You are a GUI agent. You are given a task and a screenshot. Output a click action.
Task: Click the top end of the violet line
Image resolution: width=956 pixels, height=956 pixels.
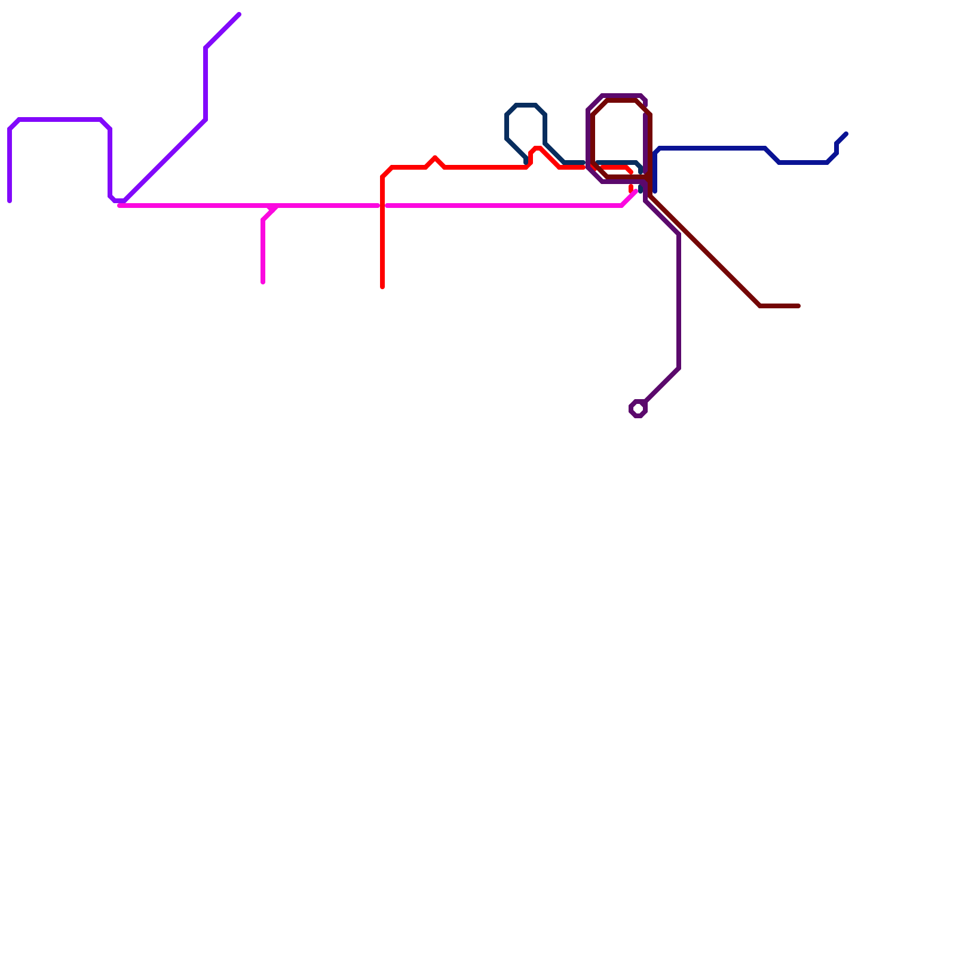tap(239, 14)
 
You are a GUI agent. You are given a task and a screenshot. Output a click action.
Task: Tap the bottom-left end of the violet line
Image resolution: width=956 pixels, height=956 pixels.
tap(10, 201)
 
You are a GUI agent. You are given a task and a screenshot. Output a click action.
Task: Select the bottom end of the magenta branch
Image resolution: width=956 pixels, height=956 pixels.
tap(263, 283)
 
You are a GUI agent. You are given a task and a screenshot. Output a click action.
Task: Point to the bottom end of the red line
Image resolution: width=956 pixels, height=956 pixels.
tap(382, 287)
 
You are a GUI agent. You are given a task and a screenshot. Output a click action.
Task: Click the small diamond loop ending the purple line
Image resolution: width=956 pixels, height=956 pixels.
tap(638, 409)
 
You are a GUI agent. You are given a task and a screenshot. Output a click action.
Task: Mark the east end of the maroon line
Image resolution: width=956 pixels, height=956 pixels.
tap(799, 306)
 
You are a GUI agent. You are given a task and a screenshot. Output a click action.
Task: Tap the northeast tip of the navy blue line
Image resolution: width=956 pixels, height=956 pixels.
tap(846, 134)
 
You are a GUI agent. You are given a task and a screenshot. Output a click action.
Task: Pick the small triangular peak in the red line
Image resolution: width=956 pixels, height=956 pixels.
tap(435, 158)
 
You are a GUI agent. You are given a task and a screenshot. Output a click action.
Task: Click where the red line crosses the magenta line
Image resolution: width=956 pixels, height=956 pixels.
tap(382, 206)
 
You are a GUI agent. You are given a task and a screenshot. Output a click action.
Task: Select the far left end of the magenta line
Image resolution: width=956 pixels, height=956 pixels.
tap(119, 206)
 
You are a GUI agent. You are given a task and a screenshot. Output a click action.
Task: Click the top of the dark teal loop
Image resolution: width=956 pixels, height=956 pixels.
tap(526, 105)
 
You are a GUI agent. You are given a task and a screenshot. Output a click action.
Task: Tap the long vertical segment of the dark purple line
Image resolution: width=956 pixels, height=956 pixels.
tap(679, 299)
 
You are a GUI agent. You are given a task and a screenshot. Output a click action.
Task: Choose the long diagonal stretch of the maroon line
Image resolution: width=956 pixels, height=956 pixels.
tap(705, 251)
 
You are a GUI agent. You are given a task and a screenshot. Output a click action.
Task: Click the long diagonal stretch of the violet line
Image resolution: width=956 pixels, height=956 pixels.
tap(164, 160)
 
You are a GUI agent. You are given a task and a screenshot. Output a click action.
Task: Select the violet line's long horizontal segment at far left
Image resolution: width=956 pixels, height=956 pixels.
tap(60, 119)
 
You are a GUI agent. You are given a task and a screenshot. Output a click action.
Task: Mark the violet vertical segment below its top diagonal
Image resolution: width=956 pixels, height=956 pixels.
tap(206, 84)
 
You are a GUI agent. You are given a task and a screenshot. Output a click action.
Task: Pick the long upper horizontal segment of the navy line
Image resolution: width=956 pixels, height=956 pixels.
tap(711, 148)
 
